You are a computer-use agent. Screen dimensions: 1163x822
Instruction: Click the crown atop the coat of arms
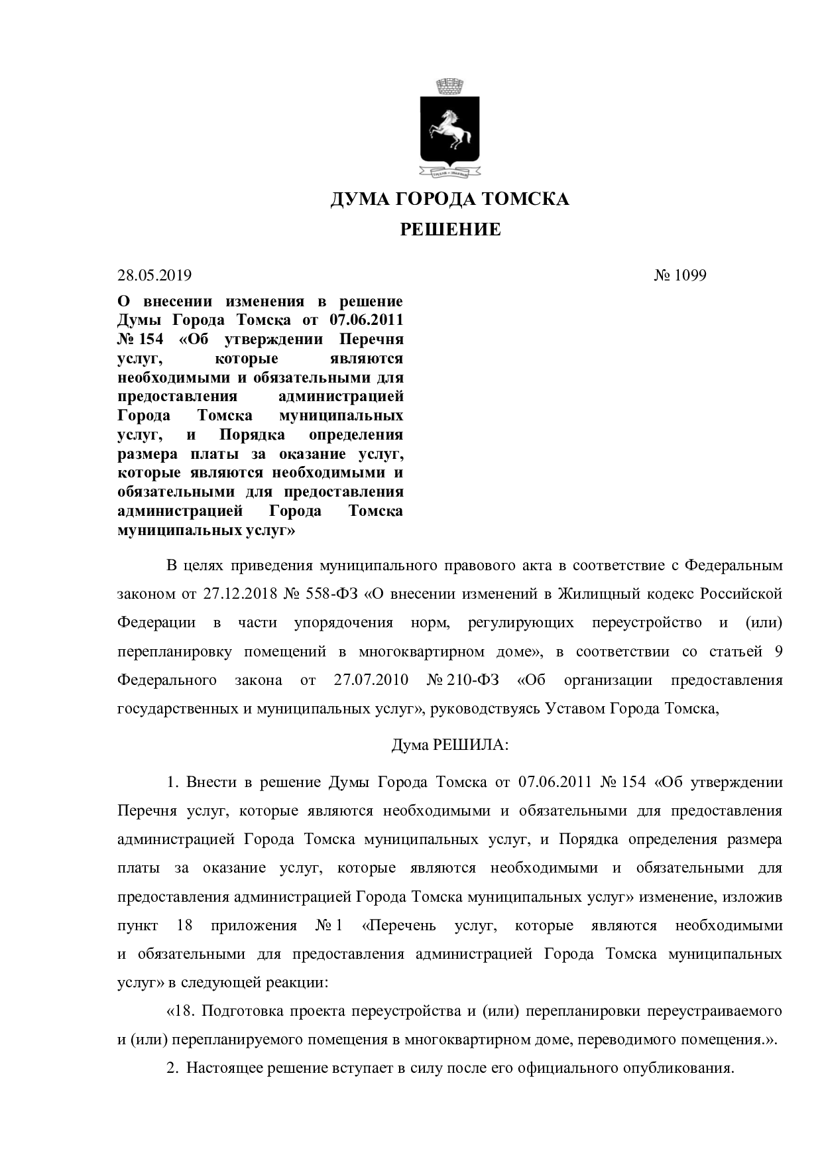450,87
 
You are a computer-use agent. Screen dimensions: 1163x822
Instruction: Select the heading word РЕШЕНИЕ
450,230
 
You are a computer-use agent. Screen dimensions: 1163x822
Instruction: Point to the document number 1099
691,275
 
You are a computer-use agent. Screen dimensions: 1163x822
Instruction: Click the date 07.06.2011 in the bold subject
366,321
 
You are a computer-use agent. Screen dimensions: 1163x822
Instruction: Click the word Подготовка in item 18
235,1012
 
